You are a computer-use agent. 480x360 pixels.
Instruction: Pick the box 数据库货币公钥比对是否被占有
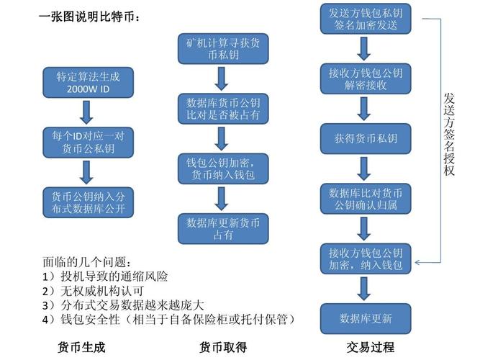pyautogui.click(x=222, y=109)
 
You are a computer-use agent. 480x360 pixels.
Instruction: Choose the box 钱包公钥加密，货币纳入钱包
pyautogui.click(x=222, y=168)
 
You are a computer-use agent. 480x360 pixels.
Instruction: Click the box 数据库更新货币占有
pyautogui.click(x=222, y=228)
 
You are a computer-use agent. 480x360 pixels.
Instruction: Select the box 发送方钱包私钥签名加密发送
pyautogui.click(x=365, y=18)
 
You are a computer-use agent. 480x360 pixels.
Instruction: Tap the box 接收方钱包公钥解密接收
pyautogui.click(x=365, y=78)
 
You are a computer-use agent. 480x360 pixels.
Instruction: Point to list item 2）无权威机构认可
pyautogui.click(x=93, y=290)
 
